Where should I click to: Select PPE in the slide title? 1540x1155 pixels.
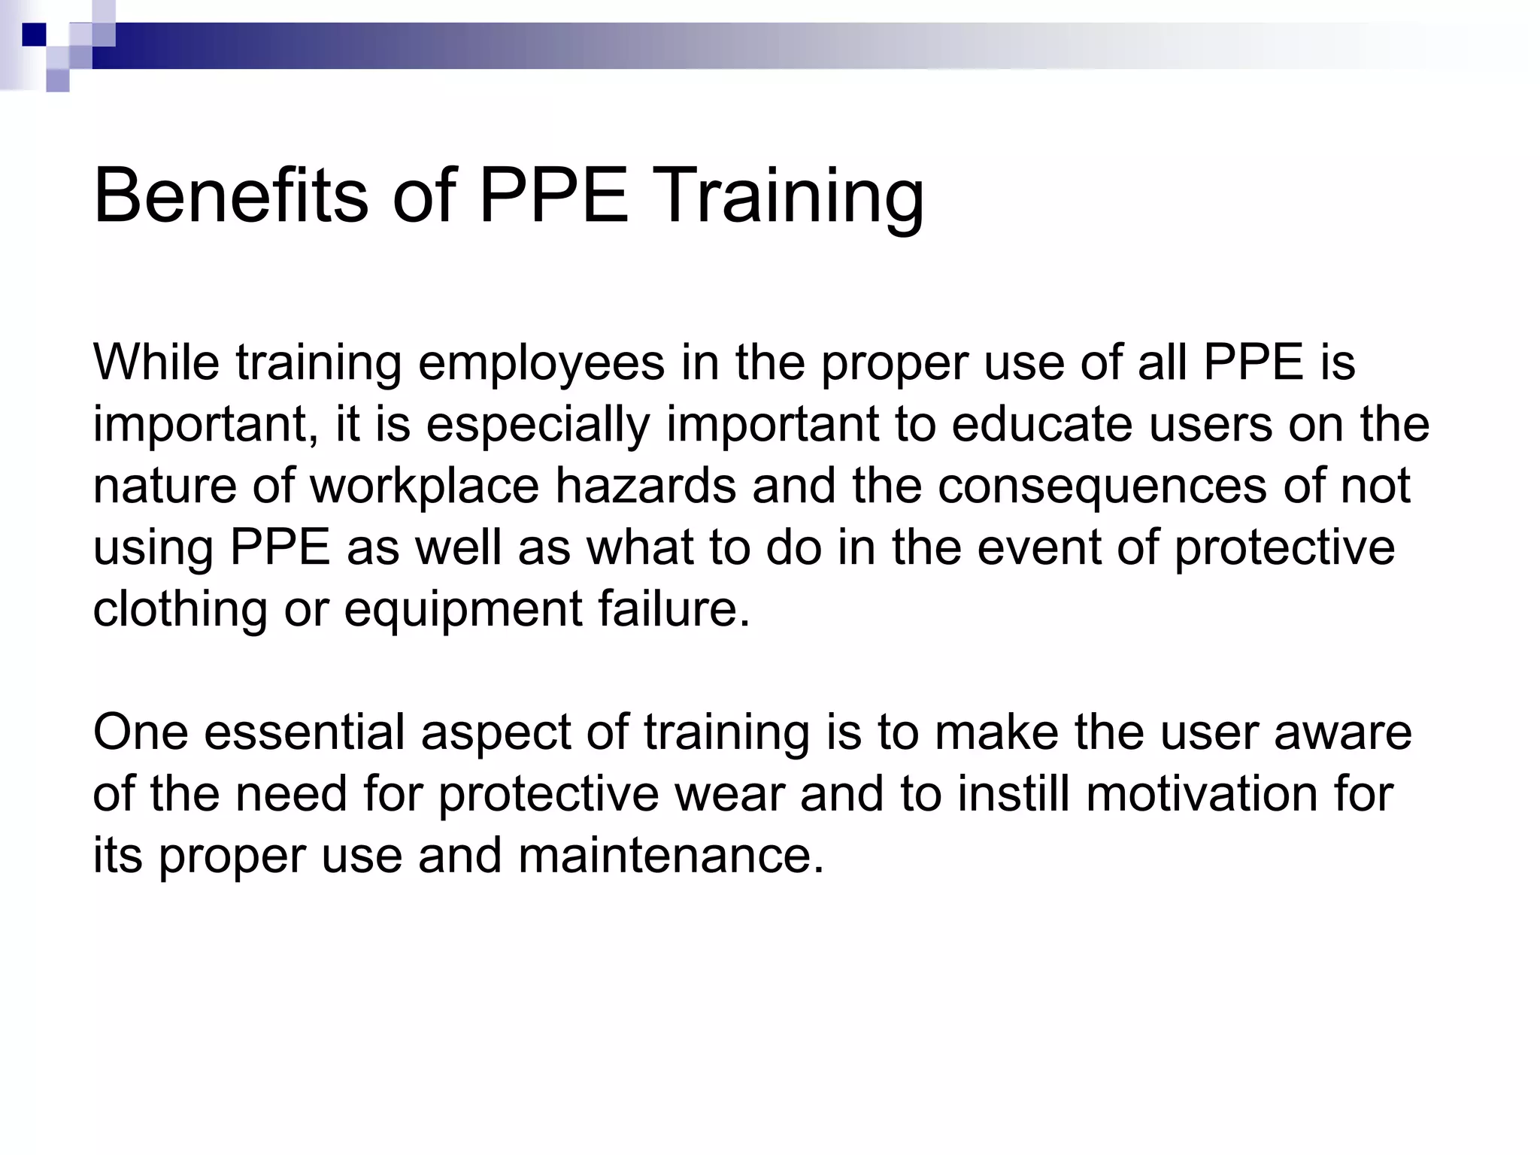pyautogui.click(x=553, y=196)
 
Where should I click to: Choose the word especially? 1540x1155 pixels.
pyautogui.click(x=538, y=426)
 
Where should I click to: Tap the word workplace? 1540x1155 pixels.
pyautogui.click(x=425, y=487)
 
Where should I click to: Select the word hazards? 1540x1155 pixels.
pyautogui.click(x=645, y=486)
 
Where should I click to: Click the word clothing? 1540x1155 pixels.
pyautogui.click(x=180, y=610)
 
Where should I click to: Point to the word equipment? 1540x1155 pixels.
pyautogui.click(x=463, y=610)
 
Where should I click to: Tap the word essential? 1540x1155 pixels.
pyautogui.click(x=305, y=732)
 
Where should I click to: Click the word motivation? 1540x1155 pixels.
pyautogui.click(x=1202, y=794)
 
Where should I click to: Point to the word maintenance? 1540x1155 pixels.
pyautogui.click(x=671, y=856)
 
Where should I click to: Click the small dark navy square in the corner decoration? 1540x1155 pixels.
pyautogui.click(x=34, y=35)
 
